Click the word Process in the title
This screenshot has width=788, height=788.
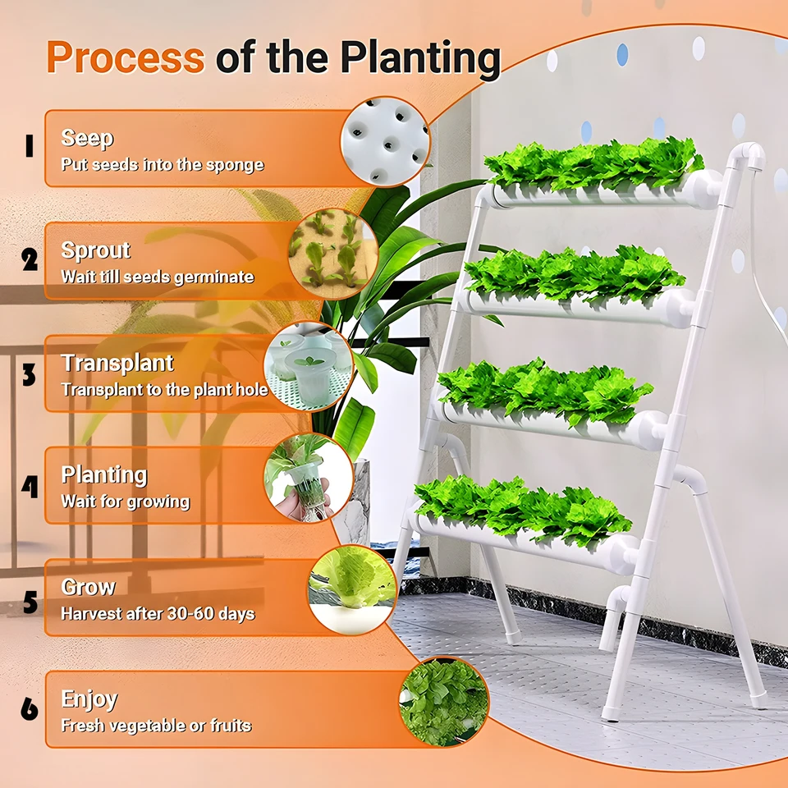tap(125, 58)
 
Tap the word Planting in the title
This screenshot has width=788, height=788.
tap(420, 58)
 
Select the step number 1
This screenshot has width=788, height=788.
tap(29, 147)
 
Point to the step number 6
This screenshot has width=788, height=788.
tap(30, 708)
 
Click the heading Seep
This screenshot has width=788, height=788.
tap(87, 138)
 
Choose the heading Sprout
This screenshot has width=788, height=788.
tap(95, 250)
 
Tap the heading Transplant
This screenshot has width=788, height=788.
tap(117, 363)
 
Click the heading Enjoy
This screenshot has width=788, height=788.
tap(89, 699)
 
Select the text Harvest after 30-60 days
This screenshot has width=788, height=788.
tap(158, 613)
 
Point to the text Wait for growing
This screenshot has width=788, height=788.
tap(125, 501)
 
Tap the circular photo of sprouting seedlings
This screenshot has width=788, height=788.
tap(332, 254)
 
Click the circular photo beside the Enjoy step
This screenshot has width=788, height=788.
tap(443, 702)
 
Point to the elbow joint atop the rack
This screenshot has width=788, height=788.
tap(748, 156)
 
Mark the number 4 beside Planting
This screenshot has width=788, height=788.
tap(30, 488)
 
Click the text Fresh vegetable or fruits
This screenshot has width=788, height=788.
tap(156, 726)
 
